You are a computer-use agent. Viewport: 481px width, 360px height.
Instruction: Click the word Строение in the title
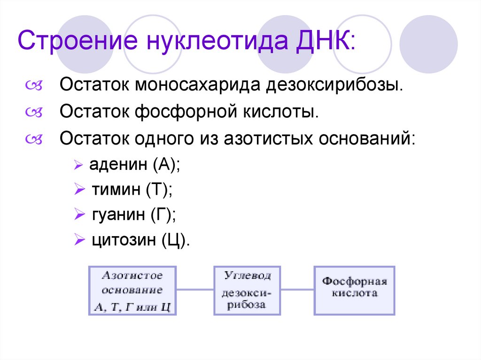pos(78,41)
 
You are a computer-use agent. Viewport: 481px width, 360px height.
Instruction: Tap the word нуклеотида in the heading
pos(214,41)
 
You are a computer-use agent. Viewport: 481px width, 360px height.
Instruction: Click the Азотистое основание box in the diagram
pos(132,291)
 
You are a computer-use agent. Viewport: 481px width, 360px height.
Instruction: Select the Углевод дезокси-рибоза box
pos(247,291)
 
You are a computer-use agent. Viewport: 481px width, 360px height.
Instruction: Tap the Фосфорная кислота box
pos(354,291)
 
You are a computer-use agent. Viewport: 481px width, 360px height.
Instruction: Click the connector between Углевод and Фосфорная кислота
pos(297,290)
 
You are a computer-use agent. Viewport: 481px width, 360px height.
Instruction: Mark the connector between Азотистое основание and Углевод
pos(195,290)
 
